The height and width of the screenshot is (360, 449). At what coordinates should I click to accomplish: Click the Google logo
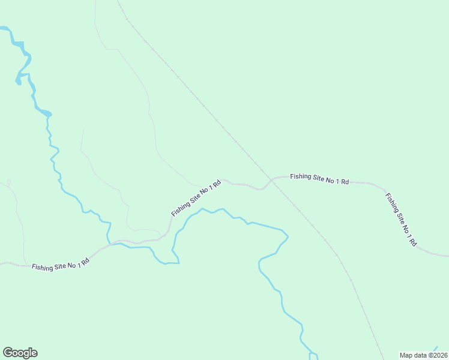click(20, 353)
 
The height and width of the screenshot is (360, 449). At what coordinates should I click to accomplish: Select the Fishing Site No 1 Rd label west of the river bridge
click(61, 264)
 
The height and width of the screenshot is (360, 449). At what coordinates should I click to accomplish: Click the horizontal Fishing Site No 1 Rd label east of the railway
click(319, 178)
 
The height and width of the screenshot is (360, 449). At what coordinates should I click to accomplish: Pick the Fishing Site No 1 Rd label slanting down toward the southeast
click(401, 220)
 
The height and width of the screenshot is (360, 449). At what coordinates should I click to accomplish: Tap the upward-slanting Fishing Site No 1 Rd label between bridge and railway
click(196, 197)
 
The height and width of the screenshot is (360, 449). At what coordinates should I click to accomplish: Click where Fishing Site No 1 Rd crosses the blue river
click(110, 243)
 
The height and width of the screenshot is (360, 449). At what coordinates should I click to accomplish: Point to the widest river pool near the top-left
click(42, 112)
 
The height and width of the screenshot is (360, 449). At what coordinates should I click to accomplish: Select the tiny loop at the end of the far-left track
click(8, 182)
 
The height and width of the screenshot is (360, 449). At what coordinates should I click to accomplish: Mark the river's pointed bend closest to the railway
click(287, 236)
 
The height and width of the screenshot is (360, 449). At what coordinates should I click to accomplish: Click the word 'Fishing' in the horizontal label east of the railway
click(301, 177)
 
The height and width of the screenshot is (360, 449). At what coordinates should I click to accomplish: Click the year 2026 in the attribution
click(439, 355)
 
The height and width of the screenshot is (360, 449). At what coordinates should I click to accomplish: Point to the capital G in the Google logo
click(8, 353)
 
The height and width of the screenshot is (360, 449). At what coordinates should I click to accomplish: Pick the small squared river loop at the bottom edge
click(313, 356)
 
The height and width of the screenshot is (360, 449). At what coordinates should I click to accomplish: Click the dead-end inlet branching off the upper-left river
click(19, 81)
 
